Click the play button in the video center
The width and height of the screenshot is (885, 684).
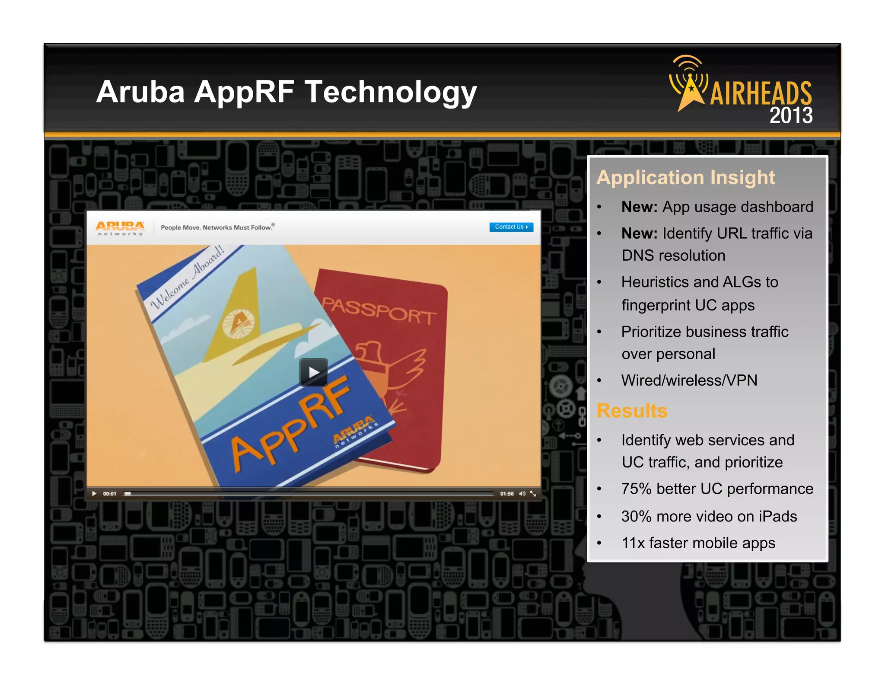point(313,372)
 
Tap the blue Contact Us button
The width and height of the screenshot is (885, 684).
point(511,227)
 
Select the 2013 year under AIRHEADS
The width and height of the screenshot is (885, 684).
point(791,115)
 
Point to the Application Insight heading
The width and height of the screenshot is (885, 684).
point(686,178)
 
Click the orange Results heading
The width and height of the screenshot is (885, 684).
point(632,411)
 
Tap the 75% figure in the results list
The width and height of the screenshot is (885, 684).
point(636,489)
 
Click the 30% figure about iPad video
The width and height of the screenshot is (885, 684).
point(636,517)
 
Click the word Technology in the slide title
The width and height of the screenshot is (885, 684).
point(391,92)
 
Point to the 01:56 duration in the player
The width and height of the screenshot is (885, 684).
point(507,494)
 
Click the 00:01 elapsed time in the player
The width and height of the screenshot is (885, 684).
point(110,494)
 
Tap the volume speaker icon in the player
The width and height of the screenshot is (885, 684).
point(522,494)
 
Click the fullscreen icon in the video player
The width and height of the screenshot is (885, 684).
point(533,494)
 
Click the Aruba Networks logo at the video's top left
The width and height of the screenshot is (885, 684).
point(120,228)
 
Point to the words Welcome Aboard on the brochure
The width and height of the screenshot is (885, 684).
point(188,277)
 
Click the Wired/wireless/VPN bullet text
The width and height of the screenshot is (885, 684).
point(689,380)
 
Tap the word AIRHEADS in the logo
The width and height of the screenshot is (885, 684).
point(761,93)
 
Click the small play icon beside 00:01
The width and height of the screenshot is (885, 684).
point(94,494)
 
